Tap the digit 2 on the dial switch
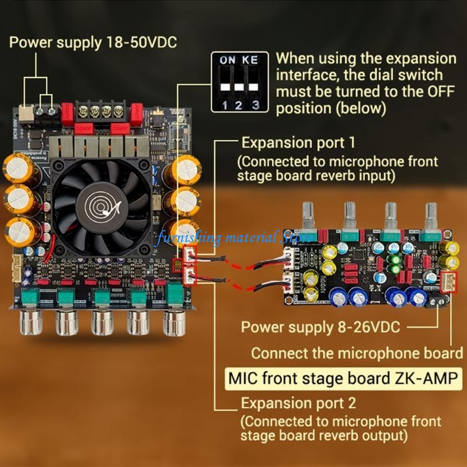[x=239, y=106]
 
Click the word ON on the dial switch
[x=226, y=60]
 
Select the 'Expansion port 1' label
[x=297, y=142]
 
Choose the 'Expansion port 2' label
[x=298, y=403]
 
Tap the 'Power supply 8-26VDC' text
[x=320, y=327]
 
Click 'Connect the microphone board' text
[x=357, y=353]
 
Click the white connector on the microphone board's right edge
[x=449, y=284]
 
